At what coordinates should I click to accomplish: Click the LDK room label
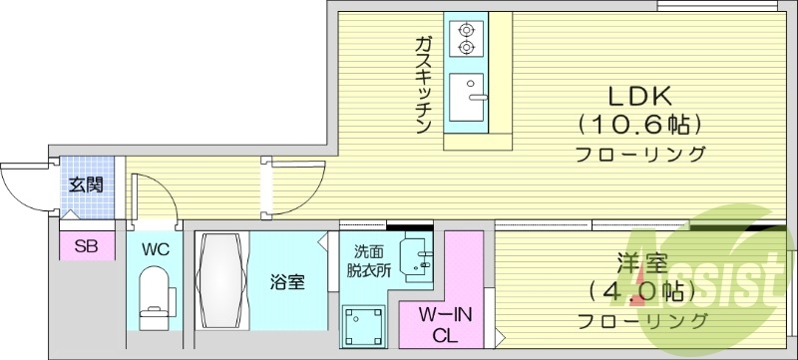639,96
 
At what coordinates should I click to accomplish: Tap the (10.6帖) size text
639,126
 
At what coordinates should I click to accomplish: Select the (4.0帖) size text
639,294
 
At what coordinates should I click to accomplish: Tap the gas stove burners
466,37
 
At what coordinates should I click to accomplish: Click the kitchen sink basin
467,97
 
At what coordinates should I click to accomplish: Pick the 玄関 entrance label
84,183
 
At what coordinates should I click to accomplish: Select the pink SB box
84,246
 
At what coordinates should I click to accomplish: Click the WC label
153,247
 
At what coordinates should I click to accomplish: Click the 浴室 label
287,281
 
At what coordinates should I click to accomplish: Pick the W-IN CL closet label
444,325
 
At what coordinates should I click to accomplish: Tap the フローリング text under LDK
639,155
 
